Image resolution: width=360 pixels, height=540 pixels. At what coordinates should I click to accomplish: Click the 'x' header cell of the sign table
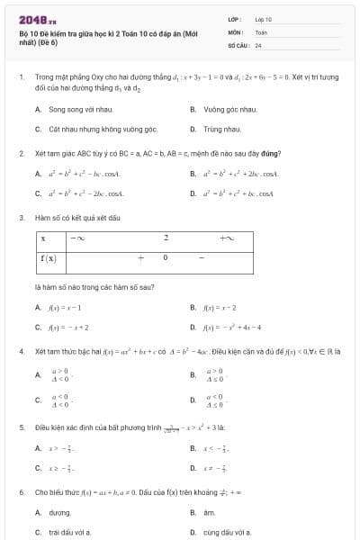(42, 238)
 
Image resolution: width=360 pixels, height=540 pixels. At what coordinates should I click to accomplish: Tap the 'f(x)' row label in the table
(49, 257)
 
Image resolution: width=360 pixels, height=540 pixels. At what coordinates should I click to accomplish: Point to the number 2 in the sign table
(166, 238)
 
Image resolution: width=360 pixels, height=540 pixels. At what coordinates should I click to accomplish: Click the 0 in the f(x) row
(165, 257)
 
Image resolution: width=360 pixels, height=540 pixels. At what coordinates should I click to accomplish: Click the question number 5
(21, 427)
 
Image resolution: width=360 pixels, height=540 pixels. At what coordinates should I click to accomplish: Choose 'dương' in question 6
(59, 512)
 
